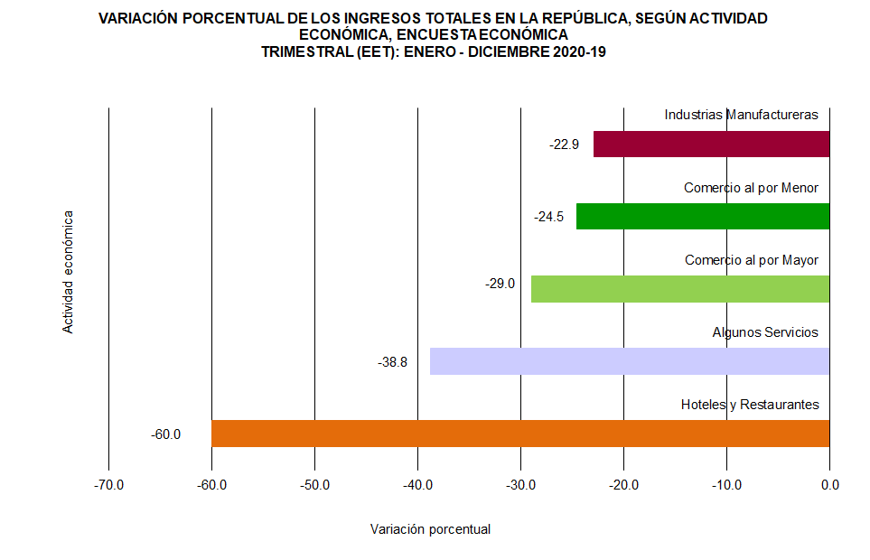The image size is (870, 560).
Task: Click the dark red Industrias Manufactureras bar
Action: coord(711,145)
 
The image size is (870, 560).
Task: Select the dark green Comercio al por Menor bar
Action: coord(703,217)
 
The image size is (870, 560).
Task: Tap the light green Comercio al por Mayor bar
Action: coord(679,289)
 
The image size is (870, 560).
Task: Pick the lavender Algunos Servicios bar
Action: coord(629,361)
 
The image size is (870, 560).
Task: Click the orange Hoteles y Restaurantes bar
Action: coord(519,434)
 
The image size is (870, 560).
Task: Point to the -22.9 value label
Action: coord(564,145)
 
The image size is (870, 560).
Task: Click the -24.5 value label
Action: coord(548,217)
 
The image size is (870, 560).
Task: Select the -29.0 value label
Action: coord(500,284)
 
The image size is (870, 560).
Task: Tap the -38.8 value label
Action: coord(392,362)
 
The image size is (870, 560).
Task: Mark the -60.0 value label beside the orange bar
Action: coord(166,434)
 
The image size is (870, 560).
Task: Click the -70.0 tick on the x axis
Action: coord(108,485)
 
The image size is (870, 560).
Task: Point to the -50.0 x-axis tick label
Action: coord(314,485)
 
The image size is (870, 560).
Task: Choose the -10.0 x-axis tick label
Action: coord(726,485)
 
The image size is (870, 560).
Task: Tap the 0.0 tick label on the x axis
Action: coord(829,485)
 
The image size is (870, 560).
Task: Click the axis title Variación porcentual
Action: coord(430,529)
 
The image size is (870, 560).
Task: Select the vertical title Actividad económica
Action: coord(68,273)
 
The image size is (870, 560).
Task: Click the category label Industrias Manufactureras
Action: coord(741,115)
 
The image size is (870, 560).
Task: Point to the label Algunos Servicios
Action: coord(764,332)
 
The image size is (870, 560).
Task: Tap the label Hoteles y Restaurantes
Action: coord(750,405)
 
